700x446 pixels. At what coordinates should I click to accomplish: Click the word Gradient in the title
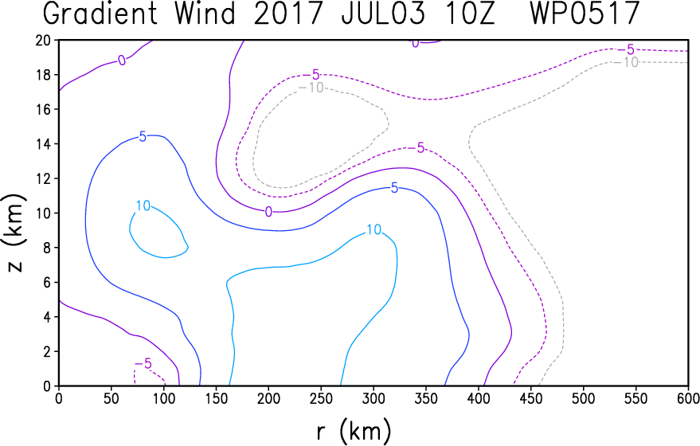tap(101, 13)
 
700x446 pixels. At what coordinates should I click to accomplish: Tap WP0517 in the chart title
tap(585, 13)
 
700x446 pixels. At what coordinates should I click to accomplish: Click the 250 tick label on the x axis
tap(321, 398)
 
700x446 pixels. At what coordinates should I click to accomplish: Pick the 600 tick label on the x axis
tap(688, 398)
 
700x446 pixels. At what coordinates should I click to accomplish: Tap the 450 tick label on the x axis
tap(531, 398)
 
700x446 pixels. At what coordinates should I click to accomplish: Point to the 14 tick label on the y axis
tap(44, 144)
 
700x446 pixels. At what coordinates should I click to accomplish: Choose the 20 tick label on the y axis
tap(44, 41)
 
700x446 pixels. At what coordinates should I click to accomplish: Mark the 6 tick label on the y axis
tap(47, 283)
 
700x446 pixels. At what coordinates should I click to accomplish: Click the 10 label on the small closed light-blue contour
tap(143, 205)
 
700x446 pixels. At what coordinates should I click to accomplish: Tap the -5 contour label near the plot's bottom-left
tap(143, 364)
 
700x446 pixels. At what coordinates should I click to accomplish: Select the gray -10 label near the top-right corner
tap(627, 62)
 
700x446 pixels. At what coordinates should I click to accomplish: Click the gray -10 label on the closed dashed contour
tap(311, 88)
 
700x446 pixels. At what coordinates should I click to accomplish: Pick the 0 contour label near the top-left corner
tap(122, 61)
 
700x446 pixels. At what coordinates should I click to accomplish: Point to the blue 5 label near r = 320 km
tap(394, 188)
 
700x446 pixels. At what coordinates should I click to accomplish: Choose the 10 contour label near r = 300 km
tap(373, 229)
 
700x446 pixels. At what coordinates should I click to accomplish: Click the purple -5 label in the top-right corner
tap(627, 49)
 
